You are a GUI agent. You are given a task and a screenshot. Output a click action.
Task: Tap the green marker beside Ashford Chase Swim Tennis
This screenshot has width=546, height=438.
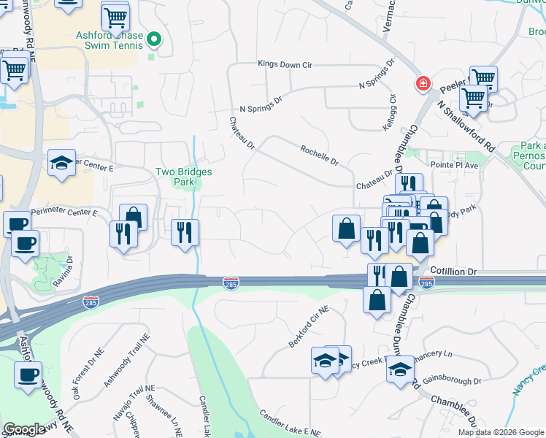[154, 39]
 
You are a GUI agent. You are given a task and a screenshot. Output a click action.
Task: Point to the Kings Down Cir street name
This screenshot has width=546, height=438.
[285, 65]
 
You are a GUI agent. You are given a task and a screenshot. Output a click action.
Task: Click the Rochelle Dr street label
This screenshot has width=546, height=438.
[320, 155]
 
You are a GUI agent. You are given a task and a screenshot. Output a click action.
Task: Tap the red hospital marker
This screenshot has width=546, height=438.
[422, 85]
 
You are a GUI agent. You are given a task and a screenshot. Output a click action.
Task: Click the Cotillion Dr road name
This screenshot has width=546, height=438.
[453, 272]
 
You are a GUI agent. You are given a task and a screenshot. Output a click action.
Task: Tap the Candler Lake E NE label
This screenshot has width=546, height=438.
[290, 423]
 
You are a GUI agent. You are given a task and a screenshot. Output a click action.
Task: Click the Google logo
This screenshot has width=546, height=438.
[24, 430]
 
